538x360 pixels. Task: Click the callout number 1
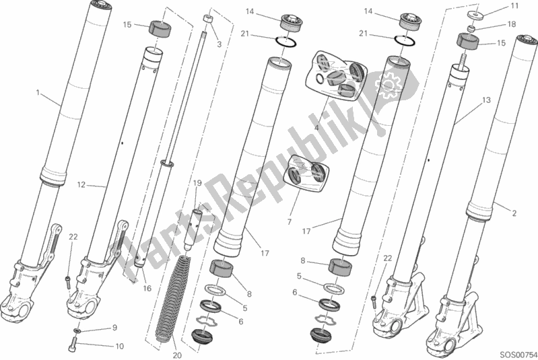click(x=38, y=93)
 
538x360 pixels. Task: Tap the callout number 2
click(x=514, y=213)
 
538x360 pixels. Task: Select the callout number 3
click(x=220, y=44)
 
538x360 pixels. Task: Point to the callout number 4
click(x=316, y=128)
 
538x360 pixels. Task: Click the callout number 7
click(x=290, y=222)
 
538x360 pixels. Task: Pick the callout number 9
click(x=115, y=328)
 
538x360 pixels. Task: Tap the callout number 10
click(x=119, y=347)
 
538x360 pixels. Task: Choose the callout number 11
click(x=514, y=6)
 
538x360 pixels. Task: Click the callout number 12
click(x=81, y=185)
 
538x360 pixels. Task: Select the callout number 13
click(x=486, y=100)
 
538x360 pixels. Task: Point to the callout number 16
click(x=147, y=289)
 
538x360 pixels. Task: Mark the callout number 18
click(x=511, y=24)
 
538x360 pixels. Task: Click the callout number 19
click(x=197, y=183)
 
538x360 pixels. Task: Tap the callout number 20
click(x=177, y=355)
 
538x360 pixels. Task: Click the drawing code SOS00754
click(x=518, y=354)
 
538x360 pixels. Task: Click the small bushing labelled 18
click(x=472, y=28)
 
